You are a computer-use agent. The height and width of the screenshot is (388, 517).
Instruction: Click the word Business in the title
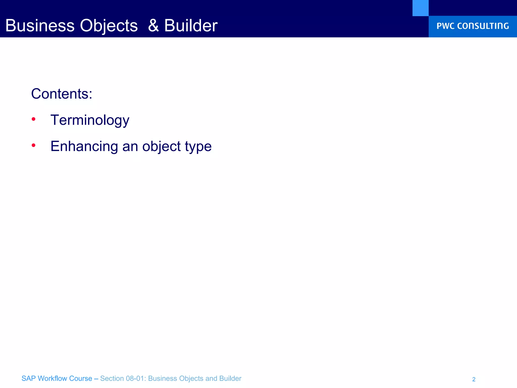40,26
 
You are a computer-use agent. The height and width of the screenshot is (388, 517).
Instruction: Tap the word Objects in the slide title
109,26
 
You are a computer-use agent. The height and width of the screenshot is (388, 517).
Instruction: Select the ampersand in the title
153,26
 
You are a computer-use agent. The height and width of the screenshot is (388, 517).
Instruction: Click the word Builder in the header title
191,26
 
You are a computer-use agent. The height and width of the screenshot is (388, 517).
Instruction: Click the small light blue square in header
420,8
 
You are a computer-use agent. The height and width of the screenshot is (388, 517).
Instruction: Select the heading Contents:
62,94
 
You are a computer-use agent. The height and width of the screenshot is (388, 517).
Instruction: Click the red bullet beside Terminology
33,119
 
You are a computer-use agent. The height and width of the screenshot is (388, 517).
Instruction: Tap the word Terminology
90,120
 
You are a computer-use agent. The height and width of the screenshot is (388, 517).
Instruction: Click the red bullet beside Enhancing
33,145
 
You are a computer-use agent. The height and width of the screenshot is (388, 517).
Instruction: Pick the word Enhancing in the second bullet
84,146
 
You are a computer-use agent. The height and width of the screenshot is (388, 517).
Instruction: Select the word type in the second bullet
198,147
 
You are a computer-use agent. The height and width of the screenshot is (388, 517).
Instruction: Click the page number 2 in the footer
474,379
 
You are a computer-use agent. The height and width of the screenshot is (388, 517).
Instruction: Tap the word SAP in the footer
28,378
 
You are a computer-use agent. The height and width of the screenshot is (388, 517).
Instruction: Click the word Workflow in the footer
52,378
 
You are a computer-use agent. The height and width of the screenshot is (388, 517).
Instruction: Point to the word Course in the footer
81,378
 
